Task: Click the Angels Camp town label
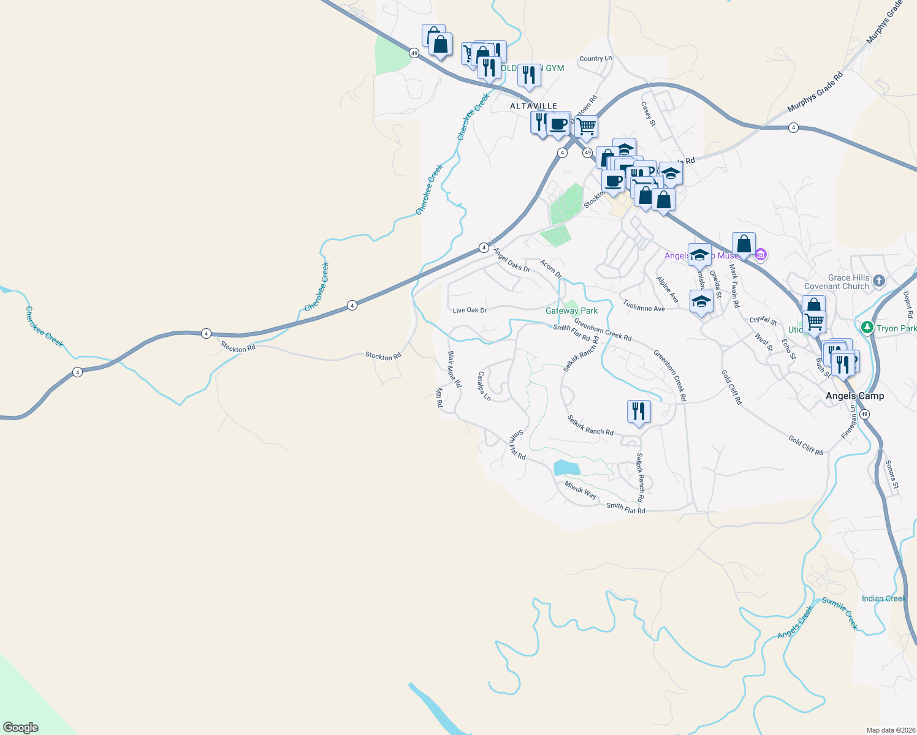click(854, 396)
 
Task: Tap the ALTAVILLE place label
click(534, 106)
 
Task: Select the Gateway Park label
click(571, 311)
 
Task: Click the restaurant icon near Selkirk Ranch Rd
click(639, 411)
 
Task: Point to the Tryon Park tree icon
click(867, 328)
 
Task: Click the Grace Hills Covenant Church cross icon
click(879, 281)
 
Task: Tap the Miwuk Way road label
click(580, 490)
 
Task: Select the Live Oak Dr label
click(470, 310)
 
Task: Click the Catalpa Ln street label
click(484, 386)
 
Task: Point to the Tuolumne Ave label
click(644, 305)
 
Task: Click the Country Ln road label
click(595, 59)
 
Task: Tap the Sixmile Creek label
click(840, 613)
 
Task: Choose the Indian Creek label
click(883, 598)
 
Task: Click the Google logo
click(21, 728)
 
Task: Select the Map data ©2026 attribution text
click(889, 730)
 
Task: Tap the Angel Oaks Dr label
click(511, 260)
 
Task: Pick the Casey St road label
click(648, 114)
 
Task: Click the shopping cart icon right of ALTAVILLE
click(587, 126)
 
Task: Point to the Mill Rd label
click(439, 397)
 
